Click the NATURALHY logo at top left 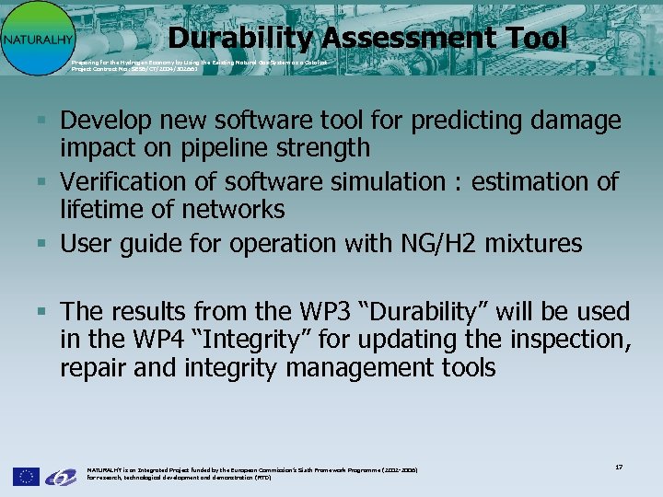point(33,38)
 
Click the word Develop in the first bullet point(103,121)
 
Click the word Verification point(119,181)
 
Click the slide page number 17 point(619,468)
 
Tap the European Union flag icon point(26,476)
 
